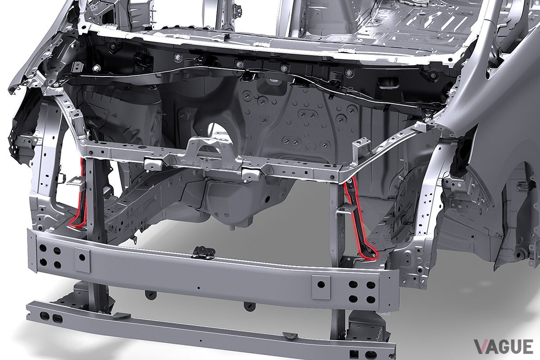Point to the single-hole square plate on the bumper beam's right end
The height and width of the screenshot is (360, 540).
click(x=321, y=284)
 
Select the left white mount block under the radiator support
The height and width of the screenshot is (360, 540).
click(x=150, y=163)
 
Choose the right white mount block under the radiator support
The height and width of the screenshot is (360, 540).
click(x=249, y=172)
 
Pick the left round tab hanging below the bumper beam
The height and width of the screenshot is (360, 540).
click(x=147, y=295)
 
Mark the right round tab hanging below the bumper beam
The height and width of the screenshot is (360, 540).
click(x=247, y=306)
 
